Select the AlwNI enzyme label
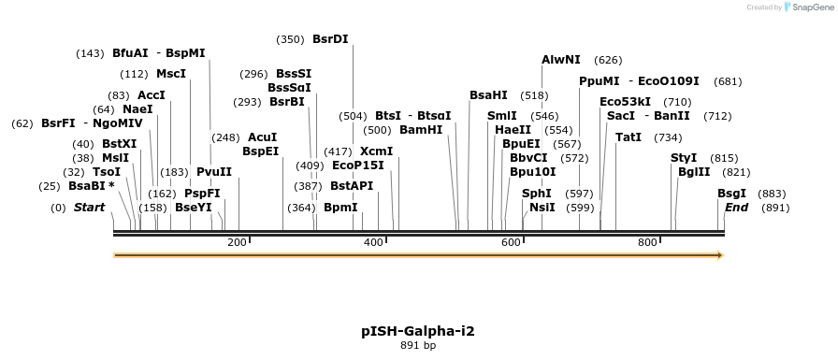pos(560,60)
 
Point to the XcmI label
pos(376,151)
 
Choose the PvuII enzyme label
pos(213,172)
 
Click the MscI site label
pos(171,74)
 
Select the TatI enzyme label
pos(628,137)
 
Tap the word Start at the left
pos(89,208)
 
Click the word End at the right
pos(736,208)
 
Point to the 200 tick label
pos(237,243)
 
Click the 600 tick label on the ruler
pos(511,243)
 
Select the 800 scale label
pos(647,243)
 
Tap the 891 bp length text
pos(418,346)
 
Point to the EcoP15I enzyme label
pos(357,166)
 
